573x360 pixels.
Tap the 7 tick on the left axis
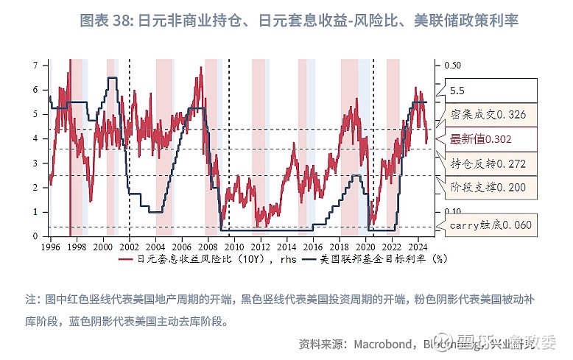(x=35, y=65)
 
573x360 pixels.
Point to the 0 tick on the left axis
(x=35, y=236)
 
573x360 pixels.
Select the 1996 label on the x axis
(x=50, y=247)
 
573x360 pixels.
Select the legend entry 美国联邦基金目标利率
(x=383, y=260)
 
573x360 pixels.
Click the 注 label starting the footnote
(x=31, y=300)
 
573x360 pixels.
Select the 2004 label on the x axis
(x=155, y=247)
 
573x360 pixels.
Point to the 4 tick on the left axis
(x=35, y=138)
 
